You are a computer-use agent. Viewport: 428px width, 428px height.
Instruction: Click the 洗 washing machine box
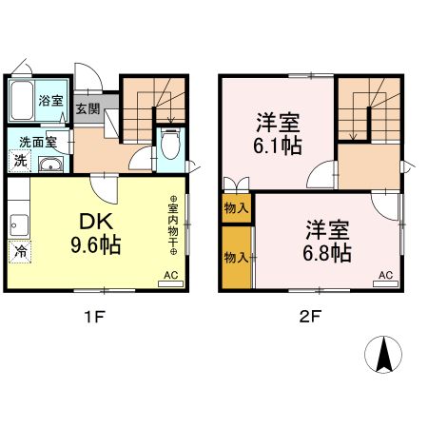click(x=19, y=161)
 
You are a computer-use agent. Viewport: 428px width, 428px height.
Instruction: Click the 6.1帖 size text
click(x=278, y=146)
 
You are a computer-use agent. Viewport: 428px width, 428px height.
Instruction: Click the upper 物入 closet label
click(x=237, y=207)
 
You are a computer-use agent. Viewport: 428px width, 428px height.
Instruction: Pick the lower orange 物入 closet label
click(x=237, y=257)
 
